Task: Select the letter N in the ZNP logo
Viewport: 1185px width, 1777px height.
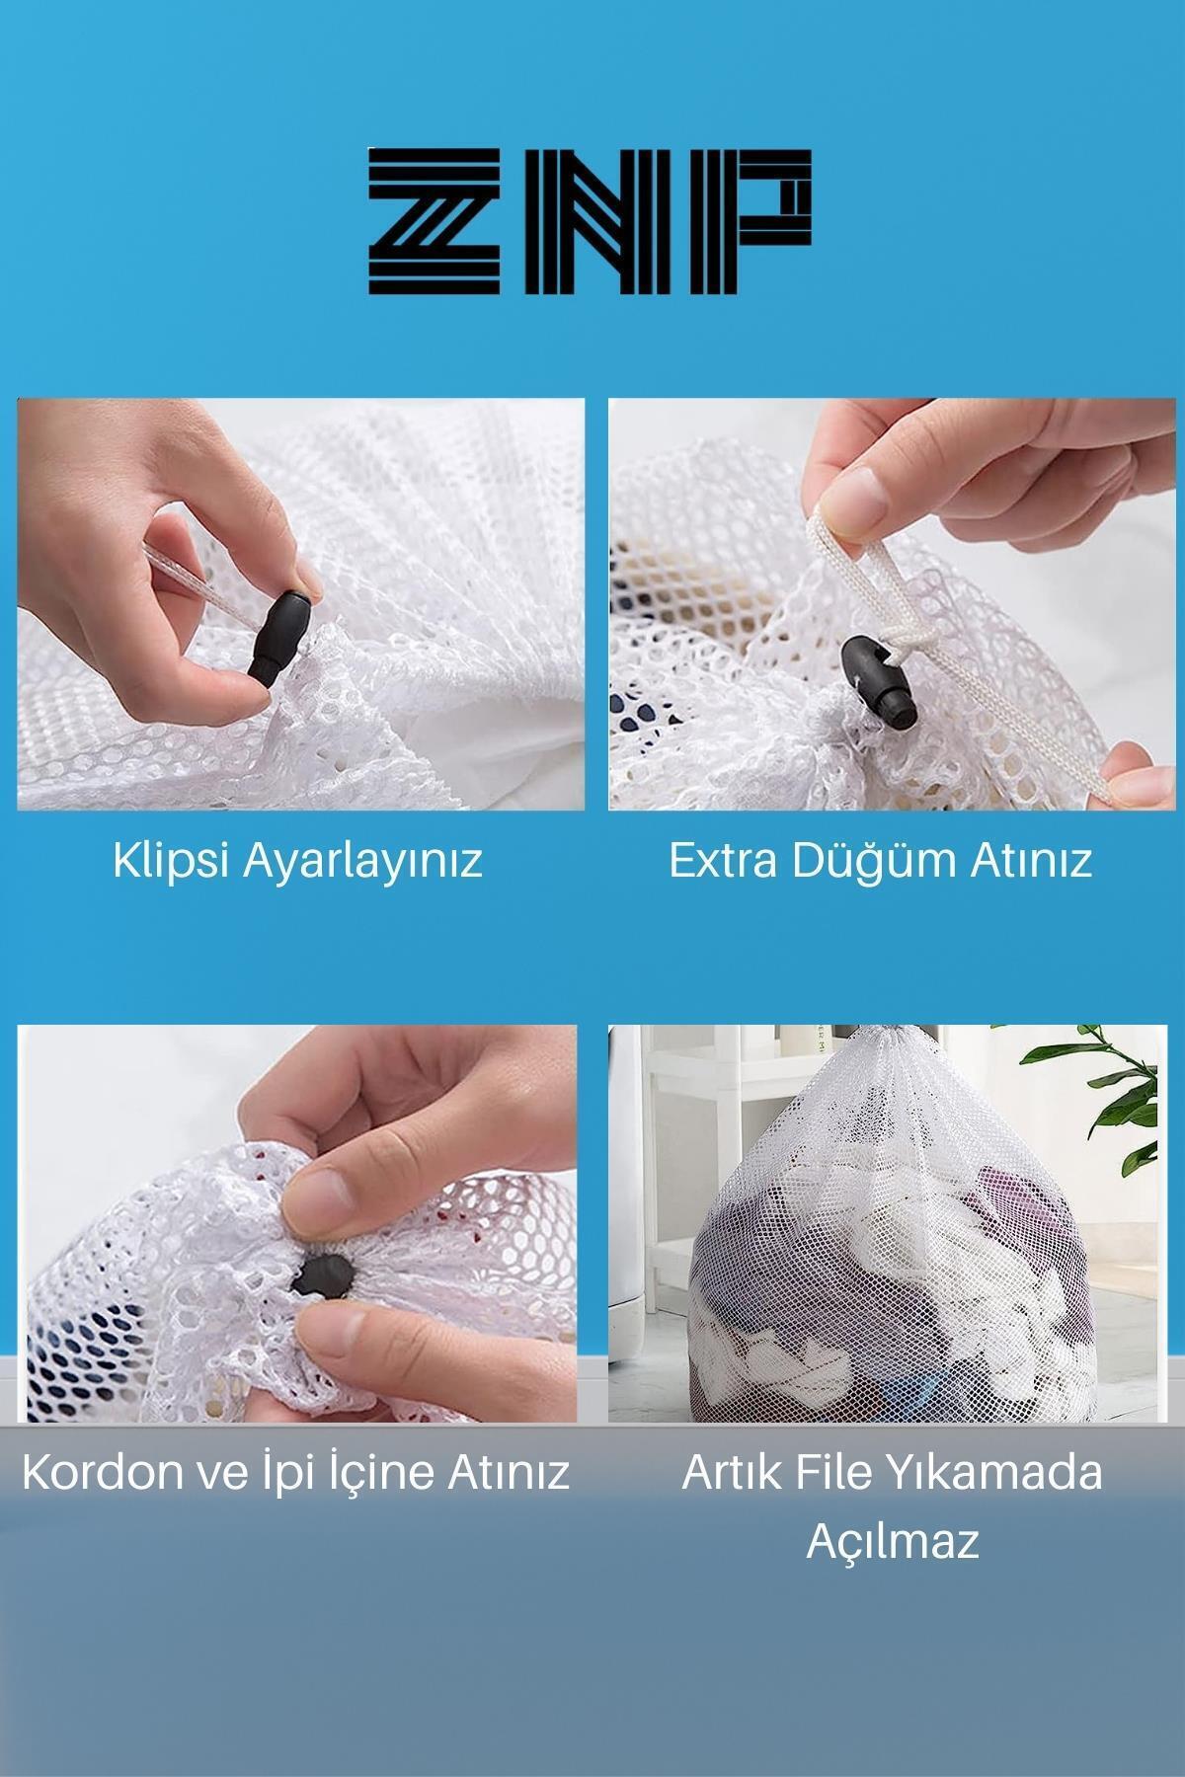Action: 592,220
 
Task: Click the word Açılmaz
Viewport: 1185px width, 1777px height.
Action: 893,1541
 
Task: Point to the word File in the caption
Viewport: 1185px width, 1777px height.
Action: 841,1473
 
